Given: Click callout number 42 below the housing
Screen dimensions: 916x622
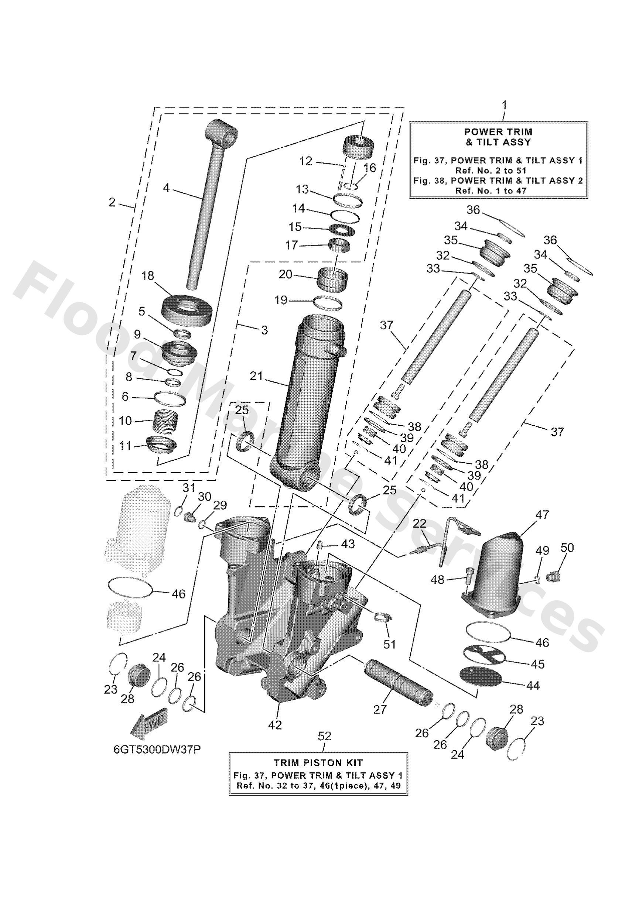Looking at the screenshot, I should point(275,724).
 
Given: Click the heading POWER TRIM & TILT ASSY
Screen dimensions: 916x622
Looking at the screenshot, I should point(498,136).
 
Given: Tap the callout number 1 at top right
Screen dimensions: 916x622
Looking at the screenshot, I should point(504,105).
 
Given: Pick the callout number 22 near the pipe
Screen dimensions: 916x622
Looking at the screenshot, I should point(420,523).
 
